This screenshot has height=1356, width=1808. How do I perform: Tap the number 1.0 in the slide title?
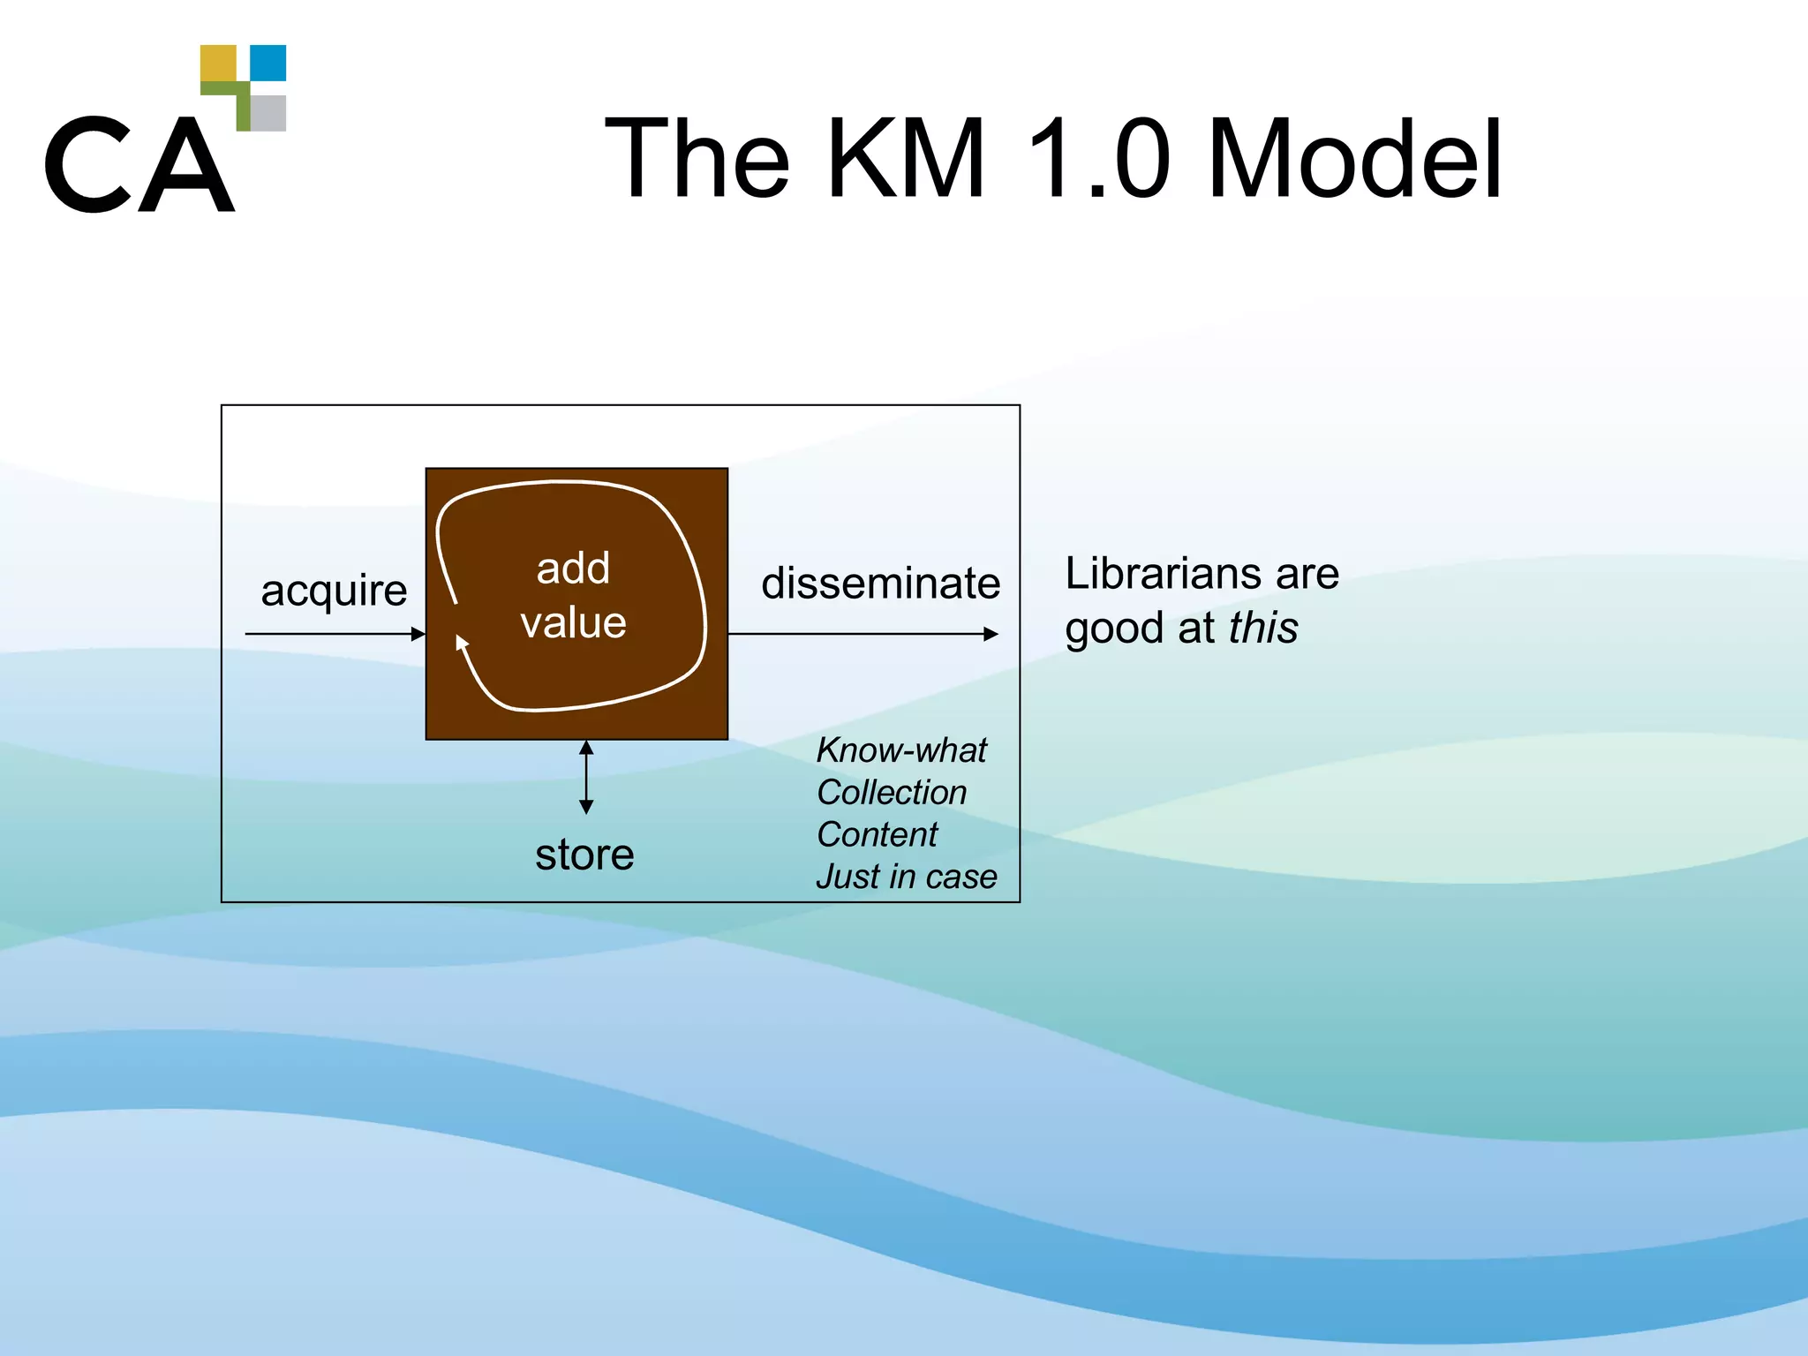[1099, 160]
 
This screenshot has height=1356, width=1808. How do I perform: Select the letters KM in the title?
[906, 160]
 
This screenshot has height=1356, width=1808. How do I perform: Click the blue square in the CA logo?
[268, 63]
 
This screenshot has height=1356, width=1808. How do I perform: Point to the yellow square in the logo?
[218, 63]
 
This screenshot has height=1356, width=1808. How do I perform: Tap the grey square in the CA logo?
[268, 113]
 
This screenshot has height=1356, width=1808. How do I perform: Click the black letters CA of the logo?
[139, 166]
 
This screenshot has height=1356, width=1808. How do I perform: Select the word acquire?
[334, 590]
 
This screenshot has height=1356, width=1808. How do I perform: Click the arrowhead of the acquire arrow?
[418, 634]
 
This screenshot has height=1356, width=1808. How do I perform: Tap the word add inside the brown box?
[573, 568]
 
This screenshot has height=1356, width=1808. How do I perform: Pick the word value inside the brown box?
[573, 622]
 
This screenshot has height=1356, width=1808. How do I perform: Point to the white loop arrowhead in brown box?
[462, 643]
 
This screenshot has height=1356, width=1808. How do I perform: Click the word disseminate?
[880, 584]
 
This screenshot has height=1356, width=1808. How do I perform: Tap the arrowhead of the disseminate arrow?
[991, 634]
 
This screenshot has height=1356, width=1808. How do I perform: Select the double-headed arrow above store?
[586, 777]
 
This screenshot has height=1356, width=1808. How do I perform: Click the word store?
[584, 855]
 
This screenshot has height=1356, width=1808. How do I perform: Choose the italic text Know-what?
[900, 750]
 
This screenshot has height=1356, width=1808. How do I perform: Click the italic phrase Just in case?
[906, 877]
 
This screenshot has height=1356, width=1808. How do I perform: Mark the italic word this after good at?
[1263, 629]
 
